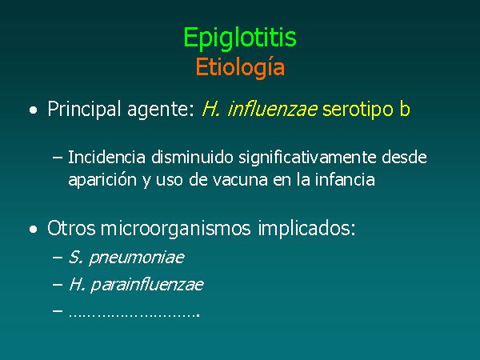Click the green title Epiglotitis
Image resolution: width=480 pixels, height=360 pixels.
[x=240, y=38]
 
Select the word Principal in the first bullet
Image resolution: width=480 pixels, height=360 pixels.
[x=84, y=110]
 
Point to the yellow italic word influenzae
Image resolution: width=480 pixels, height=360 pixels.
[x=273, y=109]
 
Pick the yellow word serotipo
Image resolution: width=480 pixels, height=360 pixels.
[x=358, y=110]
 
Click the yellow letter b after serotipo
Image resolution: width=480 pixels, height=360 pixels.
[x=404, y=109]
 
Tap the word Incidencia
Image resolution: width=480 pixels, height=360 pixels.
[x=106, y=158]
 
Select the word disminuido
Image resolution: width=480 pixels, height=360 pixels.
[x=192, y=158]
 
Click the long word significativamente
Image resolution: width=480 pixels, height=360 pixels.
[x=307, y=158]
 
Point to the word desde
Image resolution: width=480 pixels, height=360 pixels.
[x=404, y=158]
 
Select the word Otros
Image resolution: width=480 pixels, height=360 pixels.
[x=71, y=228]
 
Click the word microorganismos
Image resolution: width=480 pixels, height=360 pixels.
[x=176, y=229]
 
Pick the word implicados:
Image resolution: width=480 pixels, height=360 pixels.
[x=306, y=229]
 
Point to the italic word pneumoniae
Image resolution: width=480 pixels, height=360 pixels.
[x=137, y=258]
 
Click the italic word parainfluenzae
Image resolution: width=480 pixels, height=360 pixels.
[x=147, y=285]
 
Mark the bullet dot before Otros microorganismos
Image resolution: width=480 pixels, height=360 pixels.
[x=34, y=230]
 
